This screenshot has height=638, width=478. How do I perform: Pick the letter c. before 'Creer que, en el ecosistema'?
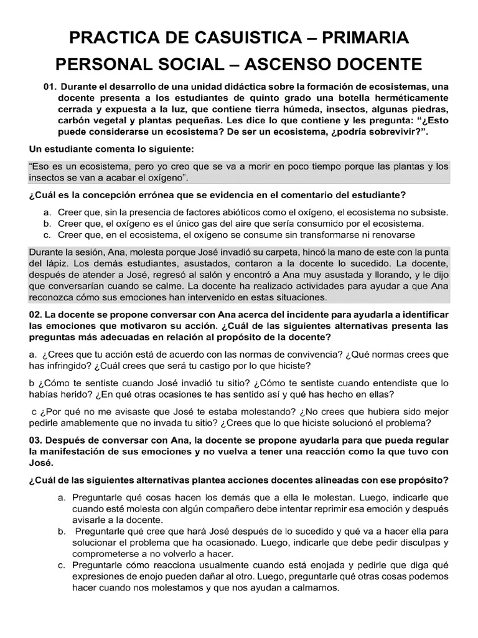pos(47,235)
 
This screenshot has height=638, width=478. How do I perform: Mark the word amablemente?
pos(93,422)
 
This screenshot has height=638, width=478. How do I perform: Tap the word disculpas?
pos(403,543)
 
